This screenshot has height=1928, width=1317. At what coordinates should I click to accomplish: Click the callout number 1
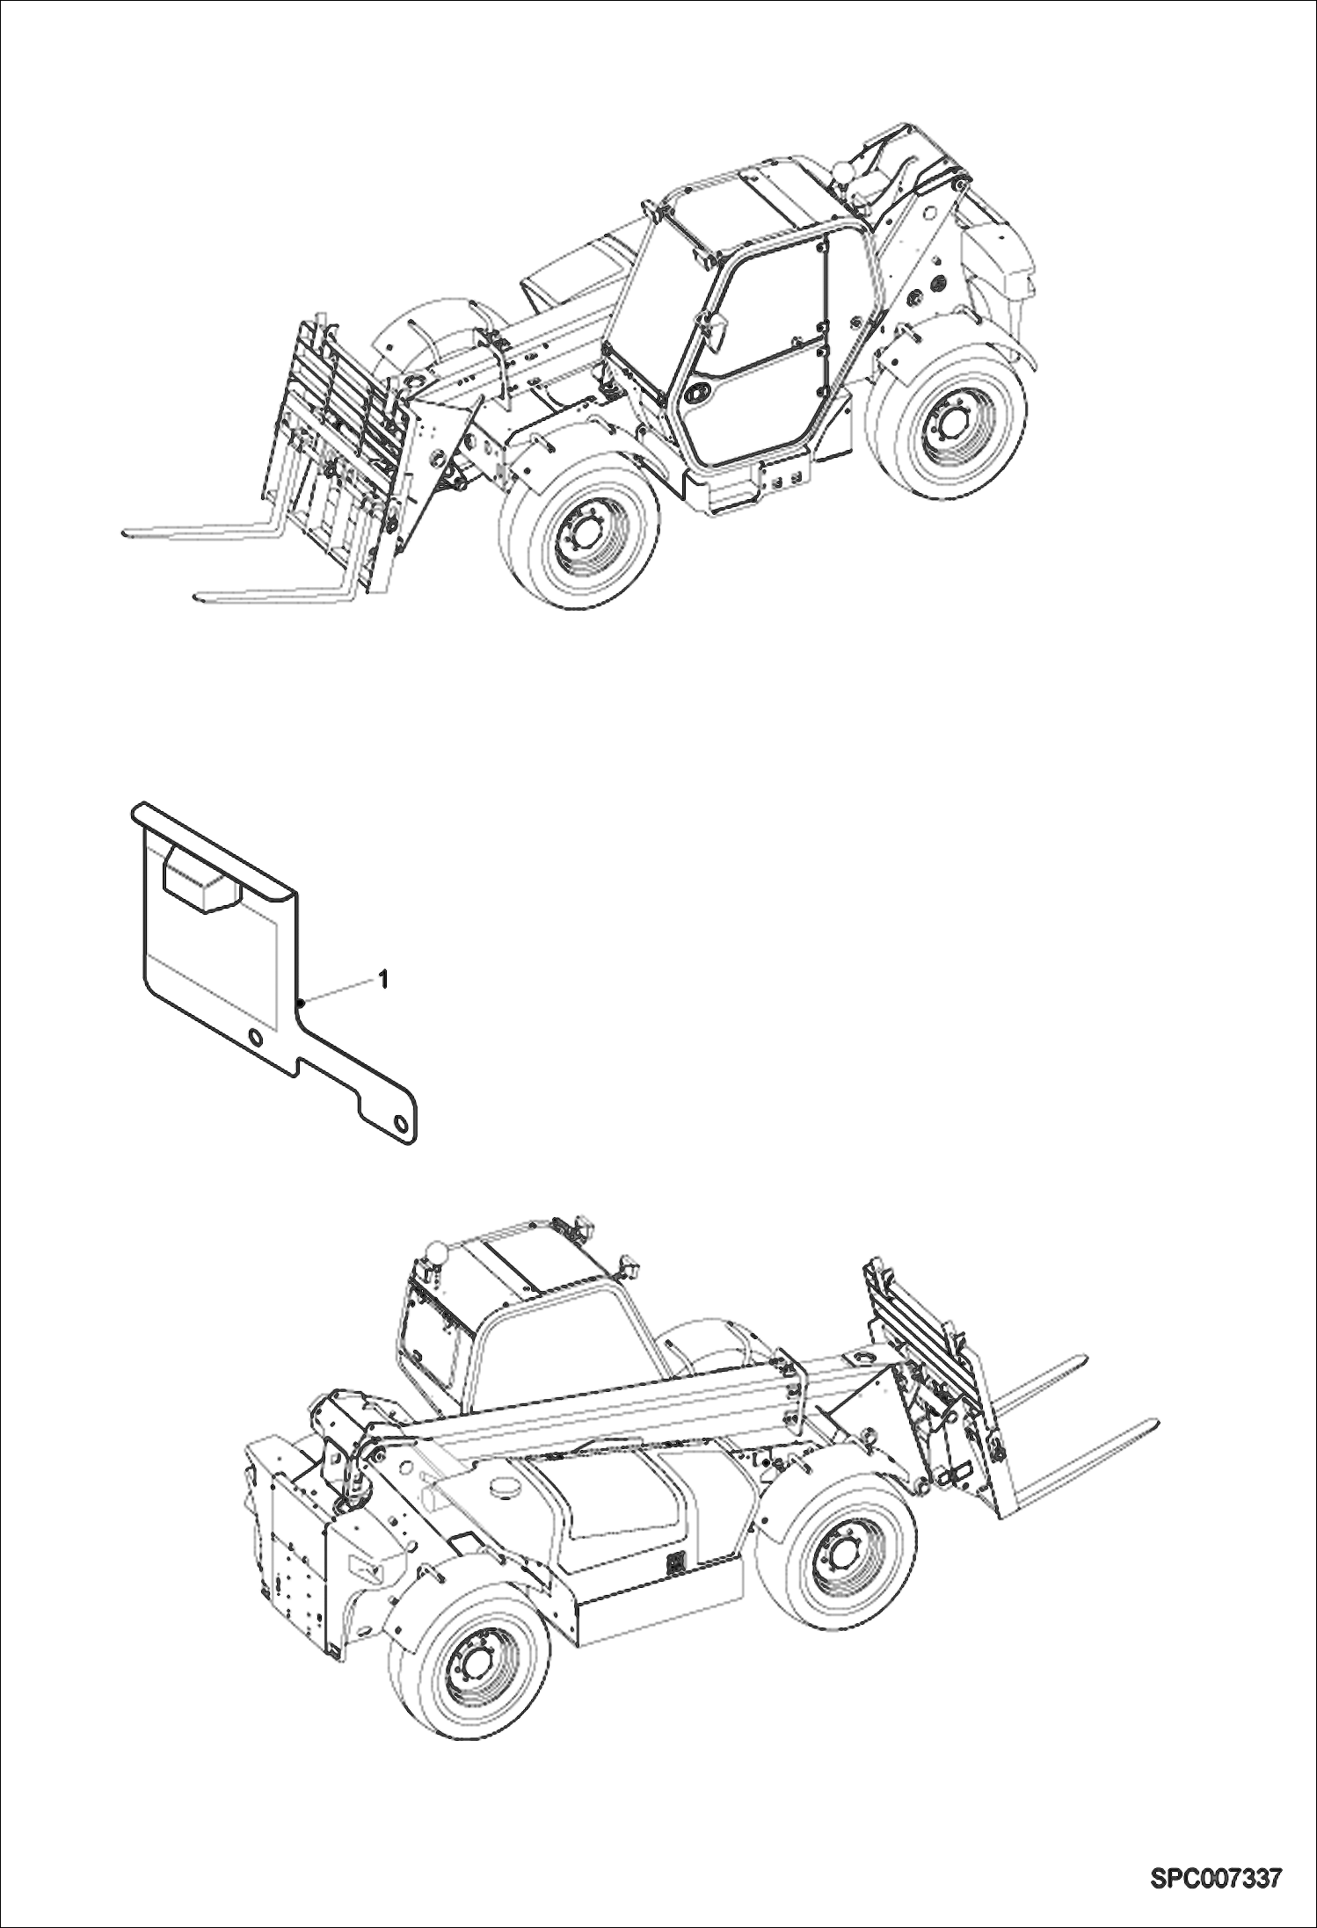[382, 976]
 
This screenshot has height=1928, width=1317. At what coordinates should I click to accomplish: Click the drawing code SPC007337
[1215, 1880]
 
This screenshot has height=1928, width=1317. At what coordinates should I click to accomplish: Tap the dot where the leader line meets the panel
[300, 1002]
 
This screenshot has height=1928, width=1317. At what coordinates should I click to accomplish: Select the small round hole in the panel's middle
[256, 1037]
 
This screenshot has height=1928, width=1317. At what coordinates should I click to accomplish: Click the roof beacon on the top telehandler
[842, 169]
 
